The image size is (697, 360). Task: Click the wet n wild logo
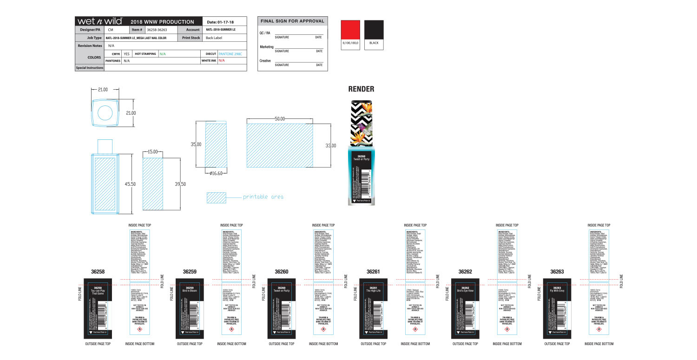pyautogui.click(x=99, y=21)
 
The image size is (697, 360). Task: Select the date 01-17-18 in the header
pyautogui.click(x=220, y=22)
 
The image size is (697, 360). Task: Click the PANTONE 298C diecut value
pyautogui.click(x=230, y=54)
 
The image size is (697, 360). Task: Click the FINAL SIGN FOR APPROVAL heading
pyautogui.click(x=292, y=21)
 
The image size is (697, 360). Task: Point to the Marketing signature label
pyautogui.click(x=266, y=47)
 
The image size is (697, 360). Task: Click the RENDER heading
pyautogui.click(x=361, y=89)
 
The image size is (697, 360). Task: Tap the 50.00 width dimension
pyautogui.click(x=279, y=119)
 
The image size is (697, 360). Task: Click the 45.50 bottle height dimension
pyautogui.click(x=130, y=184)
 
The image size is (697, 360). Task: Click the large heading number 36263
pyautogui.click(x=557, y=272)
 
